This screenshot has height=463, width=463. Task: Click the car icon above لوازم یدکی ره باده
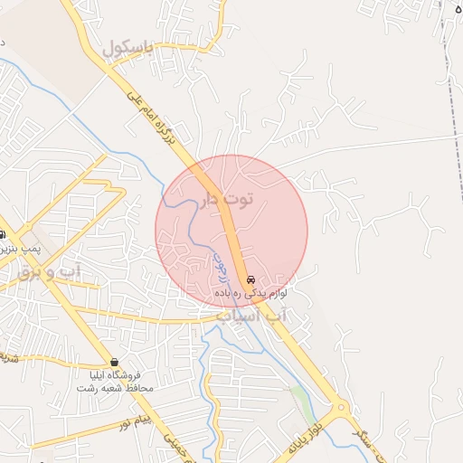click(x=250, y=279)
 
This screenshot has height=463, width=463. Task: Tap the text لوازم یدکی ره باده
click(x=250, y=294)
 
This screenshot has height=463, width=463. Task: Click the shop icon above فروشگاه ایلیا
click(x=115, y=362)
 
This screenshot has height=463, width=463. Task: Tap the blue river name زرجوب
click(x=220, y=269)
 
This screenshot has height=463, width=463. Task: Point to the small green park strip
click(x=300, y=395)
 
